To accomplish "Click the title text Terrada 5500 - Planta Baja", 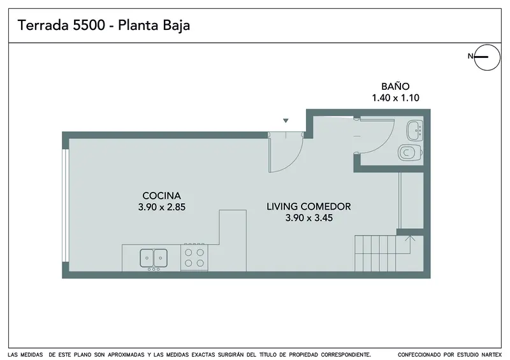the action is [x=104, y=25].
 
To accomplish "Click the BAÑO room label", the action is [x=395, y=86].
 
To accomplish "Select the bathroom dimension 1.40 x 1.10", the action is [x=395, y=97].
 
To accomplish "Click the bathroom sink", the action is [x=415, y=131].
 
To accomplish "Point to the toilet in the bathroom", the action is [x=411, y=152].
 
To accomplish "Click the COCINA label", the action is [x=162, y=196].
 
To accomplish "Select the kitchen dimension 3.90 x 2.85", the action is [x=162, y=207].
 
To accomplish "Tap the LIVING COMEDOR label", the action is [x=309, y=206].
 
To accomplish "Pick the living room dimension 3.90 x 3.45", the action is [x=309, y=218].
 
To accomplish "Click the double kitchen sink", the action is [x=154, y=258].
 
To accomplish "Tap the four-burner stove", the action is [x=194, y=257].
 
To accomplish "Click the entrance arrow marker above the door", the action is [x=286, y=120].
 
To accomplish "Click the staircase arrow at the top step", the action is [x=410, y=238].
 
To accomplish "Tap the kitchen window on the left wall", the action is [x=66, y=205].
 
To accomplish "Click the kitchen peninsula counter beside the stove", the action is [x=232, y=241].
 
